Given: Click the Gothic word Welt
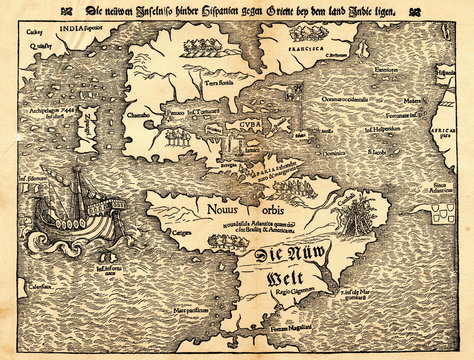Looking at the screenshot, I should (263, 277).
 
